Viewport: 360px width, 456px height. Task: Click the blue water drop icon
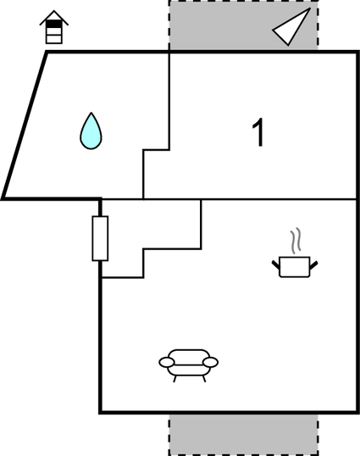pyautogui.click(x=91, y=131)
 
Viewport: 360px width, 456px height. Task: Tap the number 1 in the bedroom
pyautogui.click(x=258, y=132)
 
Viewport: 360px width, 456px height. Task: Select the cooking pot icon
pyautogui.click(x=295, y=266)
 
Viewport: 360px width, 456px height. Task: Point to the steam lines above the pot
pyautogui.click(x=296, y=241)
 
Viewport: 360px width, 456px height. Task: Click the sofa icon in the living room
pyautogui.click(x=189, y=365)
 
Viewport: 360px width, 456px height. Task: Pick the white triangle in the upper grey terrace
pyautogui.click(x=291, y=27)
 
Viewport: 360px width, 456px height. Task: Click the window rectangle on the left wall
pyautogui.click(x=100, y=238)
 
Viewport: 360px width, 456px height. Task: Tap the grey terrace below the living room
pyautogui.click(x=243, y=435)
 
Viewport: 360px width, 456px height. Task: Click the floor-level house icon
pyautogui.click(x=54, y=27)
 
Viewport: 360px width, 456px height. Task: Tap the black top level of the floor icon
pyautogui.click(x=54, y=24)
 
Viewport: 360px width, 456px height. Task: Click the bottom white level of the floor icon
pyautogui.click(x=54, y=39)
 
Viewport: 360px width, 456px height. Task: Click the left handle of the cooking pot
pyautogui.click(x=276, y=264)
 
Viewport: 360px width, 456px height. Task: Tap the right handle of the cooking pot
pyautogui.click(x=313, y=264)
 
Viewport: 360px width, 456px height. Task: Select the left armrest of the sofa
pyautogui.click(x=167, y=362)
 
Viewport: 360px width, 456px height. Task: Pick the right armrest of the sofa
pyautogui.click(x=210, y=362)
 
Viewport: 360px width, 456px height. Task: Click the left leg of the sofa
pyautogui.click(x=174, y=379)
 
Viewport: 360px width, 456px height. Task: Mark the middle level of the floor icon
pyautogui.click(x=54, y=31)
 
